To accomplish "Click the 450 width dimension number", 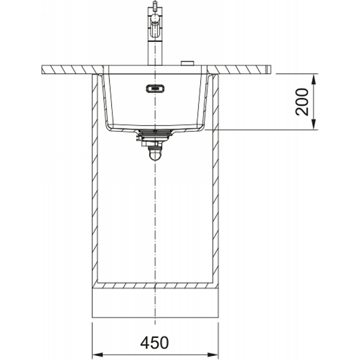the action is [154, 343].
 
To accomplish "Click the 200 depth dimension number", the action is [301, 102].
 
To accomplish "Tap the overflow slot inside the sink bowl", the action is [155, 88].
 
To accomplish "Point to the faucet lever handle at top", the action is [155, 6].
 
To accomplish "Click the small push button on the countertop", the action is [188, 63].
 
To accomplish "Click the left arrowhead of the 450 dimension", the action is [97, 355].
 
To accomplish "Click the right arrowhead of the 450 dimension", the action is [213, 355].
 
